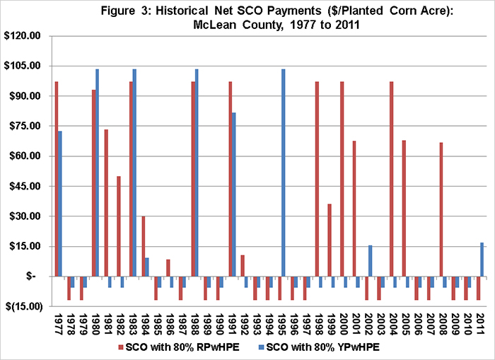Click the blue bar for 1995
pos(283,173)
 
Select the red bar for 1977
pos(57,179)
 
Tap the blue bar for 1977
pos(60,204)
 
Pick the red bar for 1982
pos(119,226)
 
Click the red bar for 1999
pos(330,240)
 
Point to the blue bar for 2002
pos(370,261)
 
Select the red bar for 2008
pos(441,209)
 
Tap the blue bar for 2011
pos(482,260)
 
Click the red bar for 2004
pos(392,179)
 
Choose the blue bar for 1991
pos(233,194)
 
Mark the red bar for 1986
pos(168,268)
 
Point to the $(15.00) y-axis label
pos(24,306)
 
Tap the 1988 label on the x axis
pos(194,325)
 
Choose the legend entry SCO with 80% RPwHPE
pos(179,347)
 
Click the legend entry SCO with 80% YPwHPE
pos(319,347)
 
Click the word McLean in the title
pos(215,24)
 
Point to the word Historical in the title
pos(182,11)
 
